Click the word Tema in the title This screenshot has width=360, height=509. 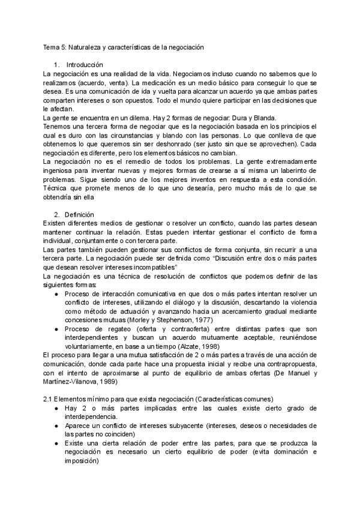(52, 47)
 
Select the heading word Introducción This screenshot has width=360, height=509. (85, 64)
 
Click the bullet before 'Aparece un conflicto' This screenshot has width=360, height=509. (56, 426)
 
